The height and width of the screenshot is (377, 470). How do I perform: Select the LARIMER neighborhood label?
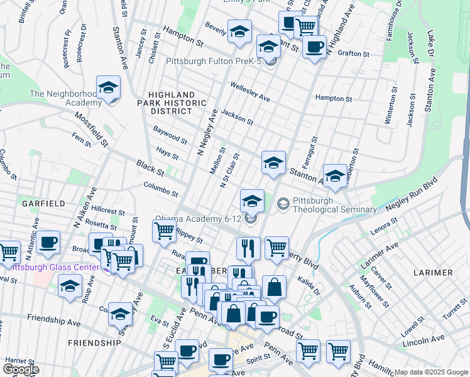pyautogui.click(x=434, y=272)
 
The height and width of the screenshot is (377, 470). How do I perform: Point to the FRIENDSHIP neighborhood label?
pyautogui.click(x=94, y=343)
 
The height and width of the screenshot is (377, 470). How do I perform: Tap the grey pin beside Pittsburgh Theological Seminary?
pyautogui.click(x=283, y=204)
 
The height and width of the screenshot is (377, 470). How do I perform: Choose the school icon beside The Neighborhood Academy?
pyautogui.click(x=108, y=88)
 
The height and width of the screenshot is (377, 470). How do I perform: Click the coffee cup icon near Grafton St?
pyautogui.click(x=314, y=46)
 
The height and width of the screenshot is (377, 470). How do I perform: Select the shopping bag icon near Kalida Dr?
pyautogui.click(x=274, y=288)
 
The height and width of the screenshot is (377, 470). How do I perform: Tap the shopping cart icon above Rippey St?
pyautogui.click(x=164, y=231)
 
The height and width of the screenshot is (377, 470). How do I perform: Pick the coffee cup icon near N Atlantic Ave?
pyautogui.click(x=48, y=242)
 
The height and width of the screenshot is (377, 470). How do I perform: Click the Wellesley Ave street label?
pyautogui.click(x=249, y=92)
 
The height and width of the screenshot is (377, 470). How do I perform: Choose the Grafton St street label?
pyautogui.click(x=352, y=54)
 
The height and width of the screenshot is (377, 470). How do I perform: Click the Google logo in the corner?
pyautogui.click(x=20, y=369)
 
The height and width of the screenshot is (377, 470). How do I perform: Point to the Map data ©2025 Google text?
pyautogui.click(x=430, y=372)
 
